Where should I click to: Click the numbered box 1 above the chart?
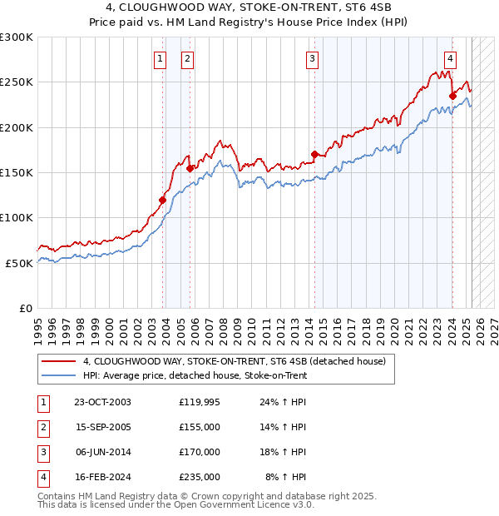pyautogui.click(x=159, y=58)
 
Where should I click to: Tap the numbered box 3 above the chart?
pyautogui.click(x=311, y=58)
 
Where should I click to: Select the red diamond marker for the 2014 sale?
pyautogui.click(x=314, y=154)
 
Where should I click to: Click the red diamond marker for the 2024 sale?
pyautogui.click(x=452, y=96)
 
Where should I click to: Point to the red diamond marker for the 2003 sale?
pyautogui.click(x=163, y=199)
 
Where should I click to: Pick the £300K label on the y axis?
pyautogui.click(x=17, y=37)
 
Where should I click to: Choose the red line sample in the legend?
pyautogui.click(x=58, y=362)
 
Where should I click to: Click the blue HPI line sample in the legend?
pyautogui.click(x=58, y=375)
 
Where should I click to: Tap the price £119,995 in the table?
pyautogui.click(x=200, y=402)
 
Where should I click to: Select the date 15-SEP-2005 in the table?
pyautogui.click(x=102, y=427)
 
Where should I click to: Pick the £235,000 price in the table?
pyautogui.click(x=200, y=477)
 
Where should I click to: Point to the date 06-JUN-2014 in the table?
pyautogui.click(x=102, y=452)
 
